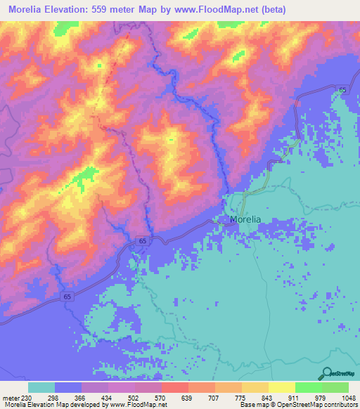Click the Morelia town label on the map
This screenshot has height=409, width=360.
click(245, 219)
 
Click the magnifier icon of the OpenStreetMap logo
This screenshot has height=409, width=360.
click(326, 373)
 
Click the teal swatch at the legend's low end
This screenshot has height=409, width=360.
click(41, 387)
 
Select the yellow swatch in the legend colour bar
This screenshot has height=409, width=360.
click(281, 387)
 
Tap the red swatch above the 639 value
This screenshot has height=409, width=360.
click(174, 387)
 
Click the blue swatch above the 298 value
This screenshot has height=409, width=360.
click(68, 387)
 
